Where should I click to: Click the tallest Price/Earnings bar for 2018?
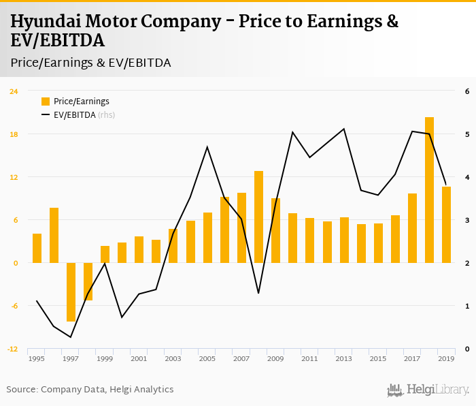(429, 190)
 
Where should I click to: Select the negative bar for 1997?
(71, 292)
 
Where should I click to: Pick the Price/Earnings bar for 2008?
(258, 217)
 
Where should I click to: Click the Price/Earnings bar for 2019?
(446, 225)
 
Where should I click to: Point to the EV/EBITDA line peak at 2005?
(207, 147)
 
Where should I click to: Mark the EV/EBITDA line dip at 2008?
(258, 293)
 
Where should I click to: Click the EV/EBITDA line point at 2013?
(344, 129)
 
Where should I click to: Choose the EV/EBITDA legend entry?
(74, 115)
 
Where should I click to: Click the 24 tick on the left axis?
(14, 91)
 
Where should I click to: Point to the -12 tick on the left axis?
(14, 349)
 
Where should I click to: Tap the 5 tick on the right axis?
(467, 134)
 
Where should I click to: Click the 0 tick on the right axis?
(467, 349)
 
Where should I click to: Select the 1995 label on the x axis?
(37, 358)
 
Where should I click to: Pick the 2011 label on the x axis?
(309, 358)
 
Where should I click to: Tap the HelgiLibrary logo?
(428, 390)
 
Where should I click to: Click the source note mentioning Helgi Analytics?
(90, 389)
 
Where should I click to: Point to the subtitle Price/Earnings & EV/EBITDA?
(90, 63)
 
